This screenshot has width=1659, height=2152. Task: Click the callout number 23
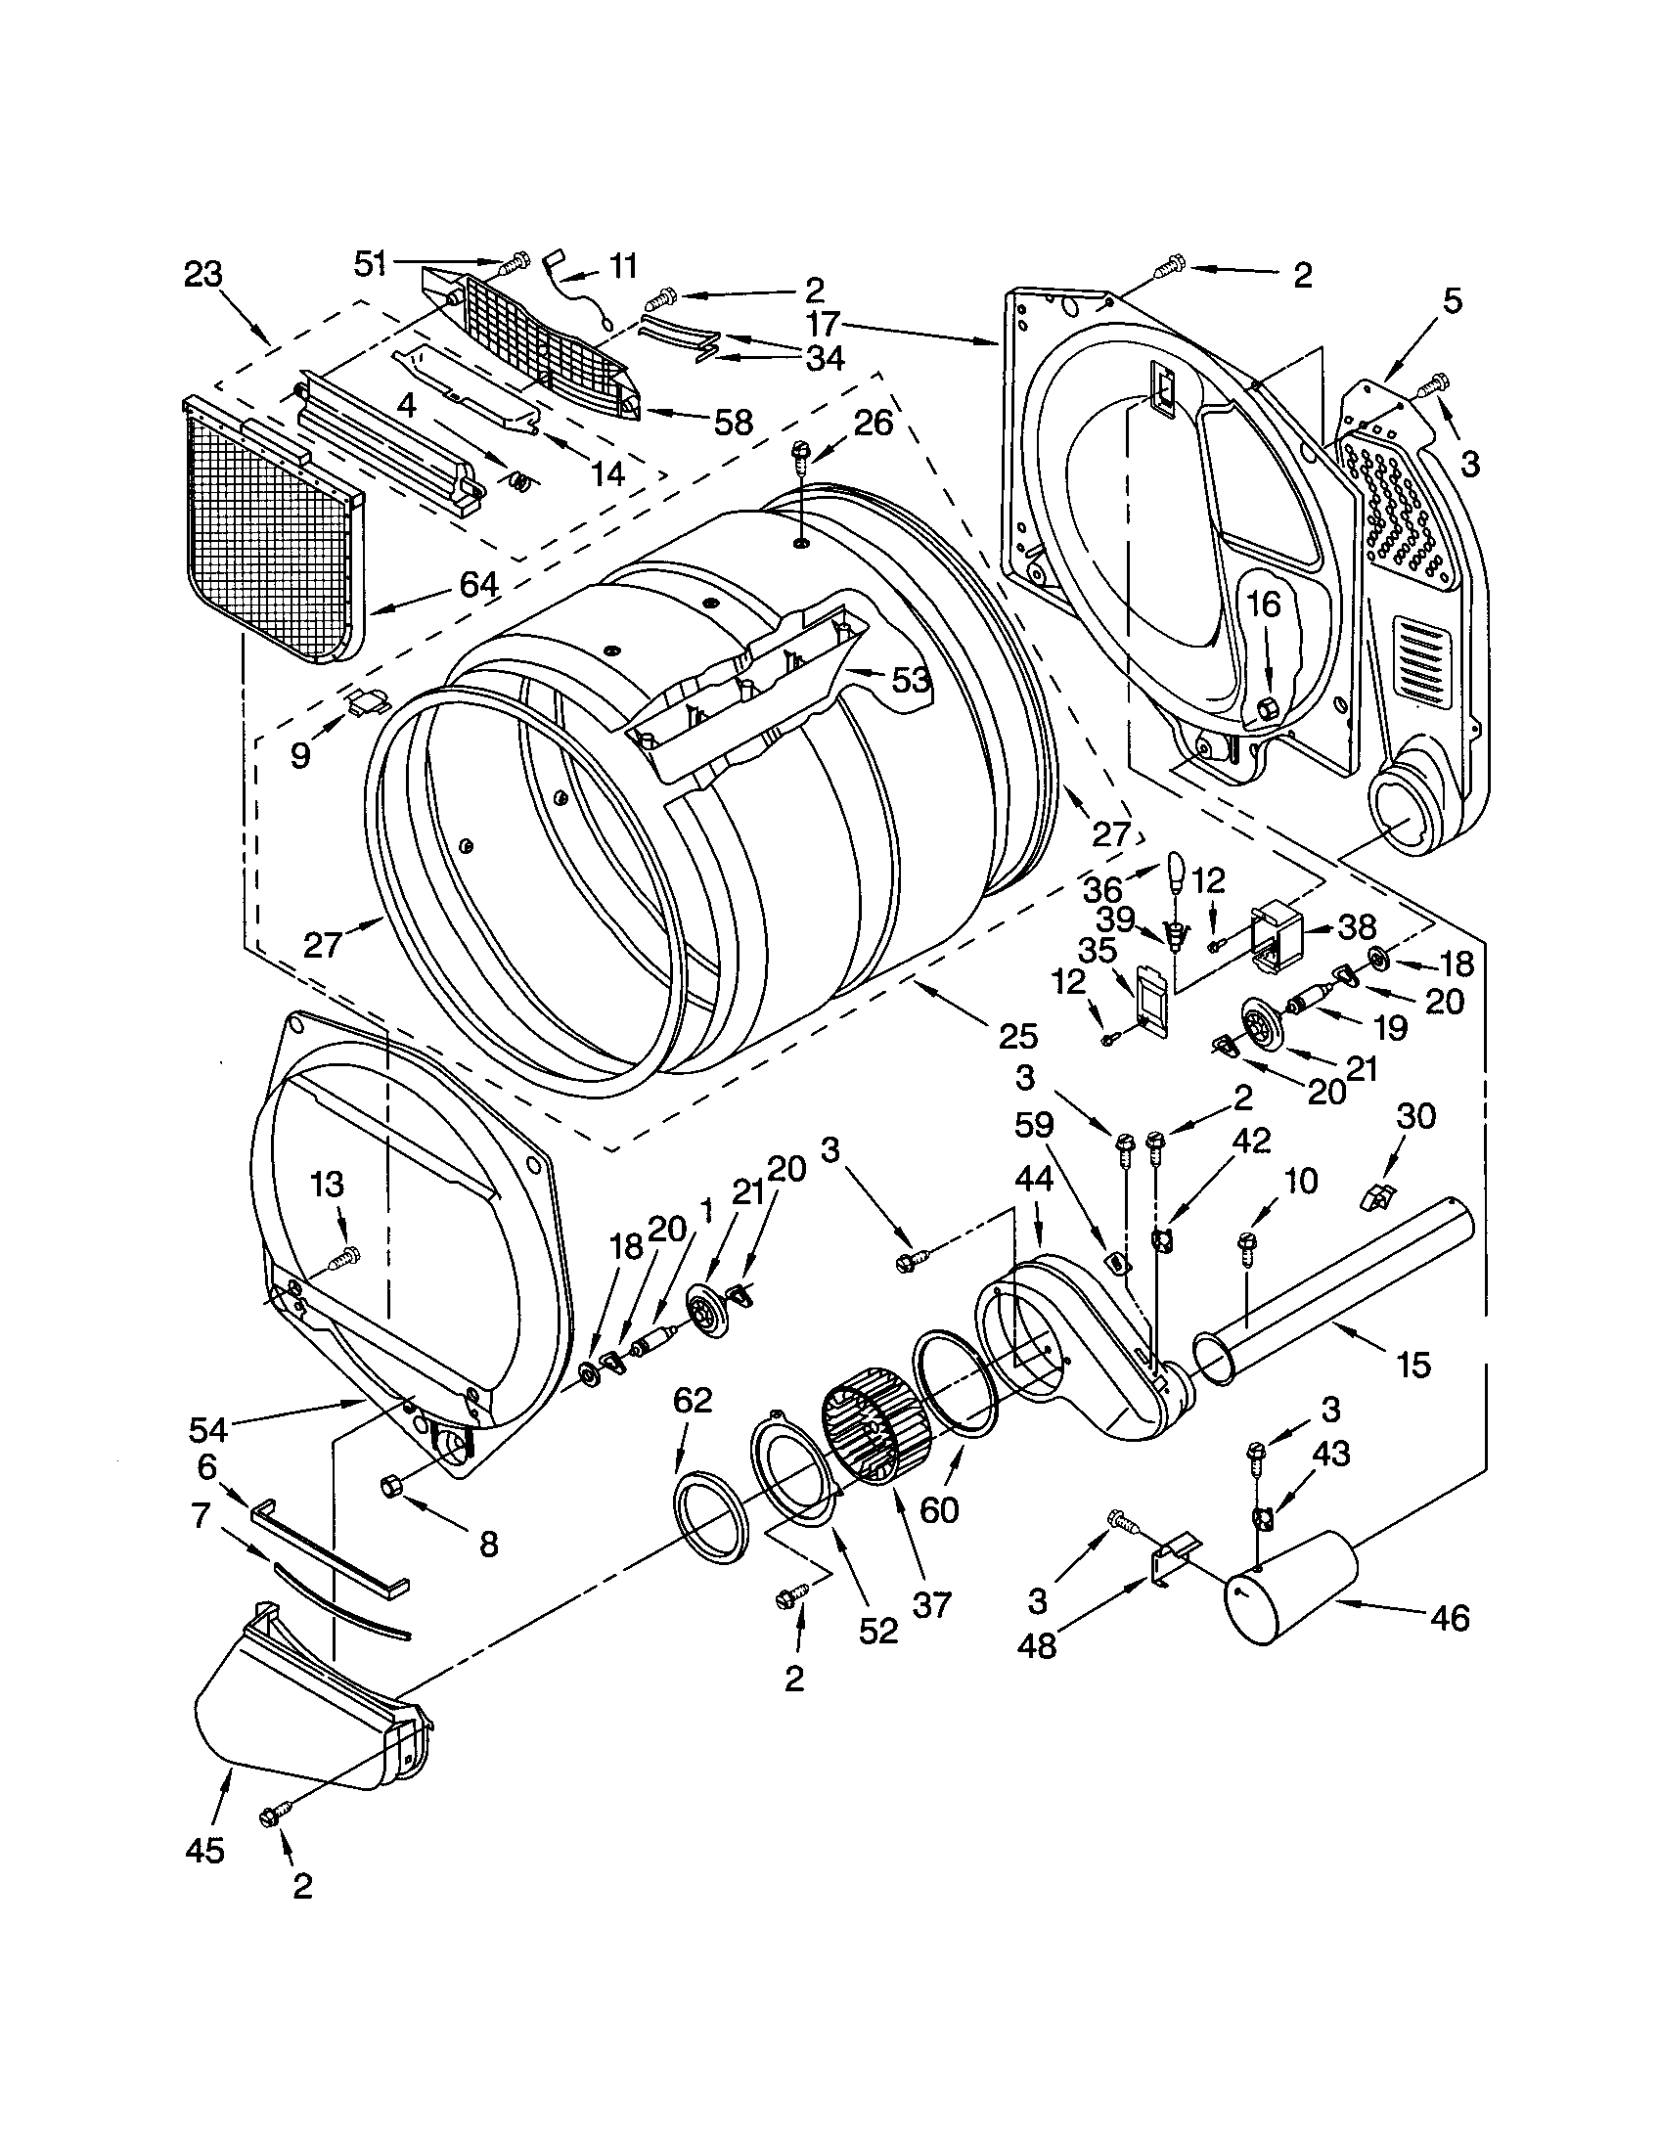point(203,274)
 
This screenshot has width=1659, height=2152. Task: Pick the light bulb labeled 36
point(1176,870)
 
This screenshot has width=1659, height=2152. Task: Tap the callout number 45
point(204,1851)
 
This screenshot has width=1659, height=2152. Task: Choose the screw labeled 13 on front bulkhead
point(347,1256)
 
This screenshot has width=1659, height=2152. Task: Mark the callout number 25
point(1017,1036)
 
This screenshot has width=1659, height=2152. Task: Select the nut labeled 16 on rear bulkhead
point(1269,705)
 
